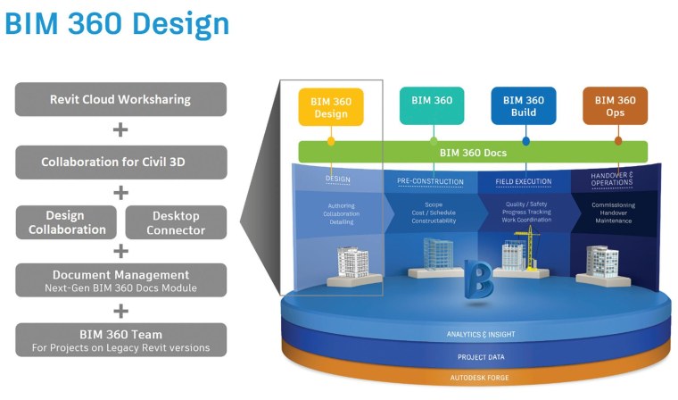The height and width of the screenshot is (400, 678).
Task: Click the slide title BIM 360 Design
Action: click(x=116, y=24)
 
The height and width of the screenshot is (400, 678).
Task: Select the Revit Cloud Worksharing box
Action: click(x=120, y=99)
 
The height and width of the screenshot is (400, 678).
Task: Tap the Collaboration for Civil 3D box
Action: click(x=120, y=162)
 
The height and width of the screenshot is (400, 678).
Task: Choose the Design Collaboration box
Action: click(x=66, y=222)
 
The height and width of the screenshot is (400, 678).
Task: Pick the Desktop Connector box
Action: click(x=176, y=222)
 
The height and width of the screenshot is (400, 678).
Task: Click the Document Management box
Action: click(x=120, y=280)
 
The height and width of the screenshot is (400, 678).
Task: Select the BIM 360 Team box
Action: click(x=120, y=339)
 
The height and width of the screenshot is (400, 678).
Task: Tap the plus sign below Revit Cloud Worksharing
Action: click(x=120, y=130)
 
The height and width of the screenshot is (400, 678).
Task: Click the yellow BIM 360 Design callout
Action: click(x=330, y=107)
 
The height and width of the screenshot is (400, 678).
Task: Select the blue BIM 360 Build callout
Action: click(x=524, y=106)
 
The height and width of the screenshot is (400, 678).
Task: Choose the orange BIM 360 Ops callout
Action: click(x=615, y=106)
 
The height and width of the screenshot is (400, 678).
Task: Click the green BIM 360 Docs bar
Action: click(x=473, y=153)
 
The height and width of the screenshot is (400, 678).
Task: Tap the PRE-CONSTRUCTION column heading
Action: click(x=430, y=182)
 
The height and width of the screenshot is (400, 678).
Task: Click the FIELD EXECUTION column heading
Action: click(x=524, y=182)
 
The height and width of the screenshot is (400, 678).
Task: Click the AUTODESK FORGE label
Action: click(x=480, y=379)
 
